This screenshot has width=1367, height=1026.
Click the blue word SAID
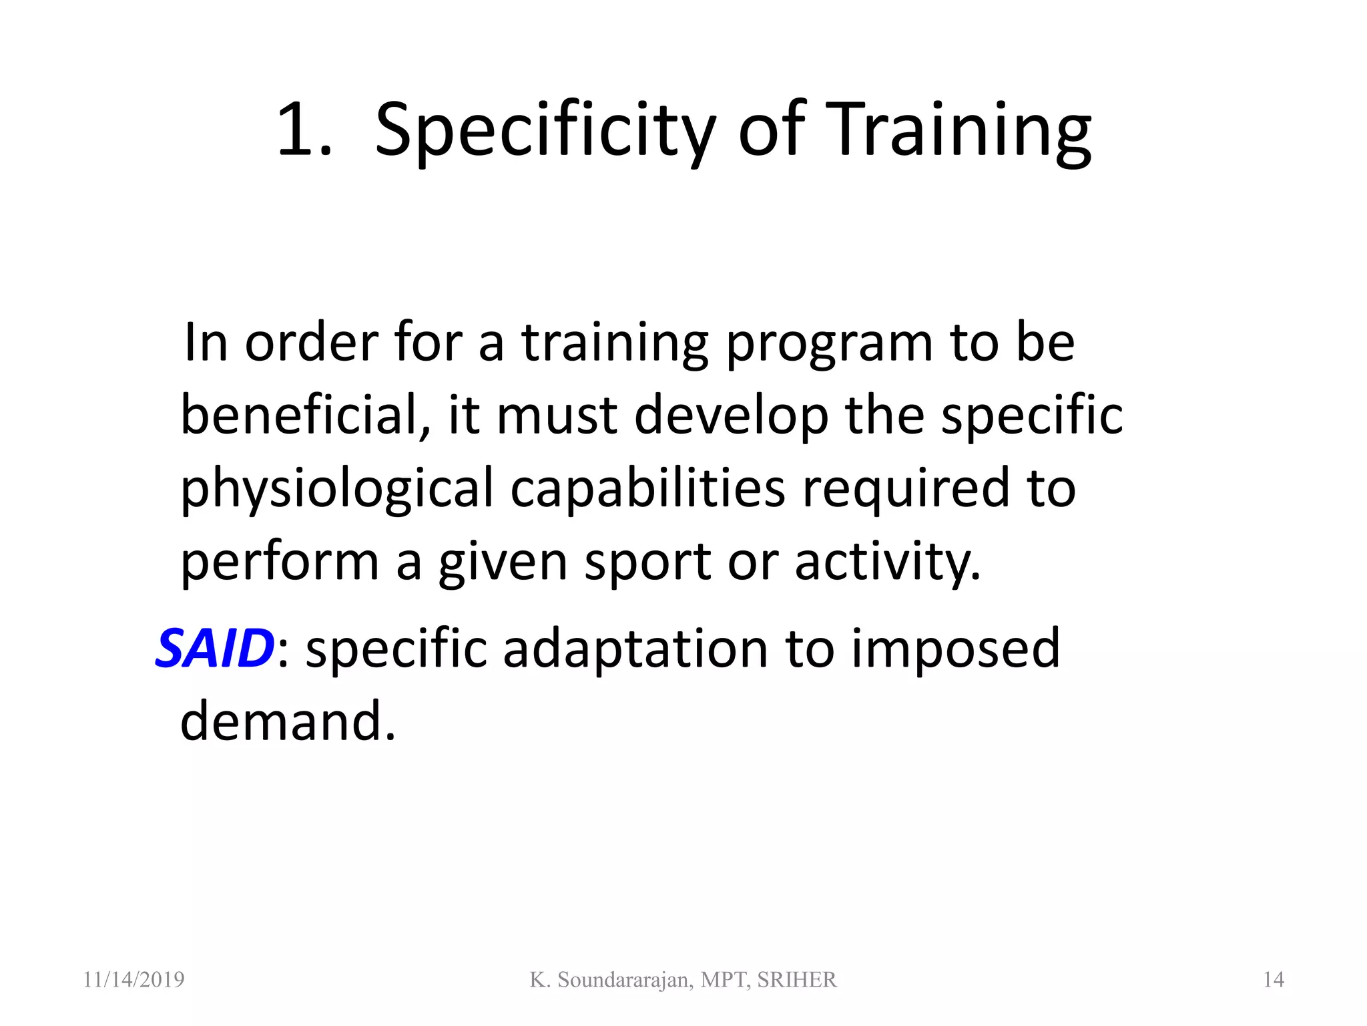click(214, 648)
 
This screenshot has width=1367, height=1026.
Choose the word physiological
click(336, 489)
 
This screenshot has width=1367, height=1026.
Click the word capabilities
click(647, 488)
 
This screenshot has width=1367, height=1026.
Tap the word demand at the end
click(287, 721)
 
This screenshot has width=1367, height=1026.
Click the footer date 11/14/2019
click(133, 980)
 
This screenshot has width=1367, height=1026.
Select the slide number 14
click(1274, 980)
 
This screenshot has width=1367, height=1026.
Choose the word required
click(906, 489)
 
